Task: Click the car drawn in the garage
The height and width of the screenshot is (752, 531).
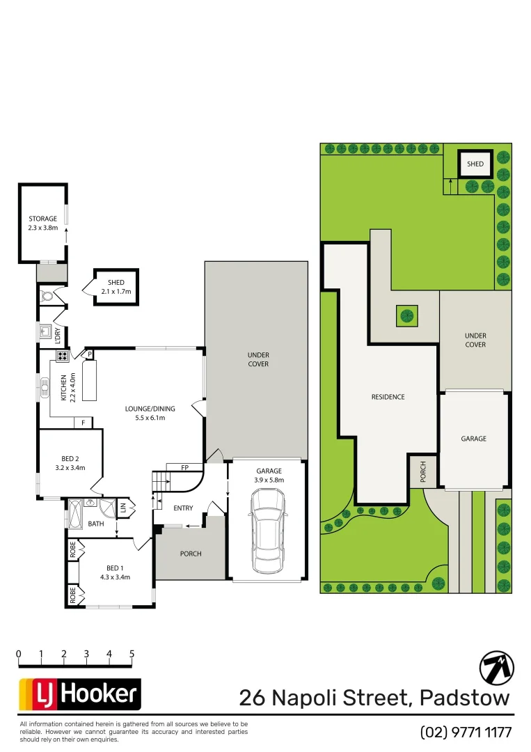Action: [x=268, y=527]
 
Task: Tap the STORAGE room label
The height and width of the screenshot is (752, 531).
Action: [x=42, y=219]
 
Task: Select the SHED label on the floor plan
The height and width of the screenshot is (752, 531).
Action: [x=116, y=283]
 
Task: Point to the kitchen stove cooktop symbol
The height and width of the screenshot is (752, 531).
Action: [x=61, y=357]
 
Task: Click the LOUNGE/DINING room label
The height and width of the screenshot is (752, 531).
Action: [x=150, y=409]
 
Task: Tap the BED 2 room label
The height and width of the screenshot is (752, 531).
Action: [x=69, y=458]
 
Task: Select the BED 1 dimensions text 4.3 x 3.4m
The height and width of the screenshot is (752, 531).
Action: [x=116, y=577]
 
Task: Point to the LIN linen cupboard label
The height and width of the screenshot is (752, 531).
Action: [x=123, y=508]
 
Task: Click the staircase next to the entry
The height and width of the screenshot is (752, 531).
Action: [x=161, y=480]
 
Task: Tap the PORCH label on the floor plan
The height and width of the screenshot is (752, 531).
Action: [x=190, y=554]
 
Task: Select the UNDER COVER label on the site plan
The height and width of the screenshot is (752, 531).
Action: [x=475, y=340]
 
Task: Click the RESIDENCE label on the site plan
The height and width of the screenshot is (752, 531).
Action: [x=388, y=397]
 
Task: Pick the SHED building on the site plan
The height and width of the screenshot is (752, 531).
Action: [x=475, y=164]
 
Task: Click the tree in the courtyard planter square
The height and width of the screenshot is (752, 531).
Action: [x=406, y=316]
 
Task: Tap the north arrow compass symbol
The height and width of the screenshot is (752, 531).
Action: [x=496, y=668]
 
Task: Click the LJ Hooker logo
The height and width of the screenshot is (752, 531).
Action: [x=79, y=694]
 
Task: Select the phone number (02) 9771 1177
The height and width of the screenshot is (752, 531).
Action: [x=466, y=732]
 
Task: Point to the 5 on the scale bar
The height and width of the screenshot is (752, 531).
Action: [x=132, y=654]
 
